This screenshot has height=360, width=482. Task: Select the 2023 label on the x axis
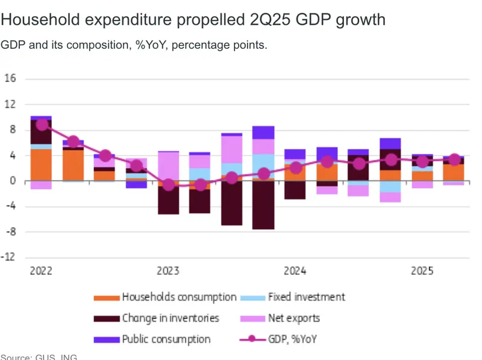tap(168, 271)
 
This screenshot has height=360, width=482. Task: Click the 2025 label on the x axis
tap(423, 271)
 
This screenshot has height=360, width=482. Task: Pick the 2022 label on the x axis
tap(41, 271)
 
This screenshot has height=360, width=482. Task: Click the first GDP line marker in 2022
tap(42, 125)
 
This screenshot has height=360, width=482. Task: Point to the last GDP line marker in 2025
tap(455, 160)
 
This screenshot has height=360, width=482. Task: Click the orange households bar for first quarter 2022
tap(41, 165)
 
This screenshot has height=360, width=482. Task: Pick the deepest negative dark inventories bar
tap(263, 205)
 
